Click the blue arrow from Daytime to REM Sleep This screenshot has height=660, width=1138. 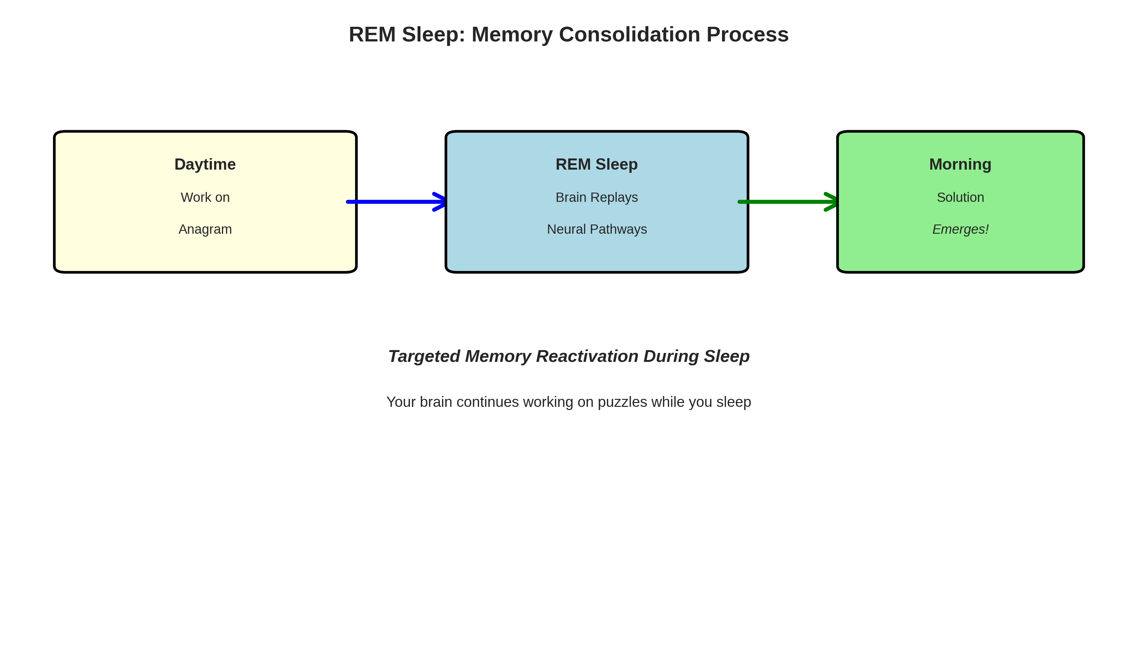coord(393,202)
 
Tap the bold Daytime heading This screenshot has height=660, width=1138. coord(205,165)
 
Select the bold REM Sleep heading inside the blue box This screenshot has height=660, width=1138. coord(596,165)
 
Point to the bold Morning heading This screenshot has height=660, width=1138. coord(960,165)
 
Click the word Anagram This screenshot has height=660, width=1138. coord(205,230)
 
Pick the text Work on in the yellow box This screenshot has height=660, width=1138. coord(205,197)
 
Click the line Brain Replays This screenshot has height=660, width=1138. coord(596,197)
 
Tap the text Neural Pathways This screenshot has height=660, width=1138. coord(596,230)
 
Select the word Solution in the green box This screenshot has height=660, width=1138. coord(960,197)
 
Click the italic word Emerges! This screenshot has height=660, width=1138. coord(960,230)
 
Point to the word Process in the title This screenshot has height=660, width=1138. coord(748,35)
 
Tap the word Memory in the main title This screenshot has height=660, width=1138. coord(512,35)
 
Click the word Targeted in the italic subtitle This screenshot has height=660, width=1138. coord(424,356)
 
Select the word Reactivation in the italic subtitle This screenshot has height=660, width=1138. coord(587,356)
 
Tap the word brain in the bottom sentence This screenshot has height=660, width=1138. coord(436,402)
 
